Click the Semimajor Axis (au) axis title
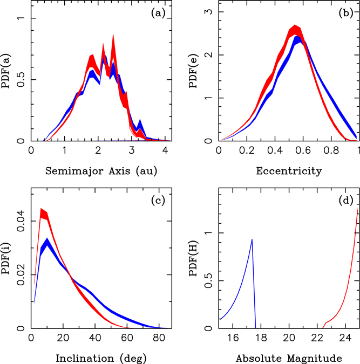(x=97, y=171)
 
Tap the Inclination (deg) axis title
(x=97, y=358)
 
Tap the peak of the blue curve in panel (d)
(x=252, y=239)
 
